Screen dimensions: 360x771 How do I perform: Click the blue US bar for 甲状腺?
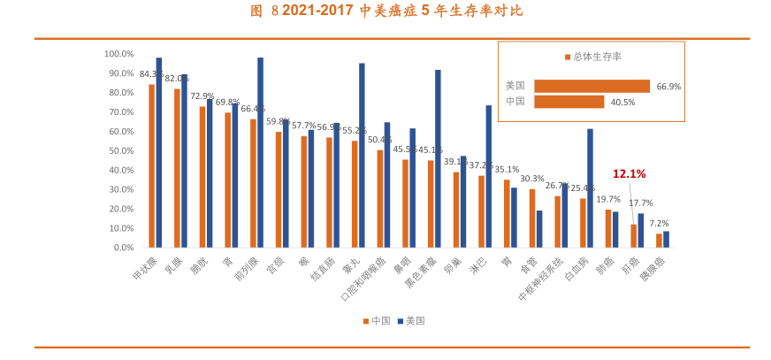(x=159, y=152)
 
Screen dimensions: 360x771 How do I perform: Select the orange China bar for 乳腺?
(x=177, y=168)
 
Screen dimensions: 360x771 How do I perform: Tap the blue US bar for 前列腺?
(x=261, y=152)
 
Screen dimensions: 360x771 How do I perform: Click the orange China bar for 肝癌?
(x=633, y=236)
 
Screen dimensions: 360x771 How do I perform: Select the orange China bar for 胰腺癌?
(x=659, y=241)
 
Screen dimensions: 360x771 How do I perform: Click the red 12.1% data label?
(x=630, y=174)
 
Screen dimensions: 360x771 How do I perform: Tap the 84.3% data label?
(x=151, y=74)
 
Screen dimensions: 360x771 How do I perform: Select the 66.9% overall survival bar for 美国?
(x=592, y=87)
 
